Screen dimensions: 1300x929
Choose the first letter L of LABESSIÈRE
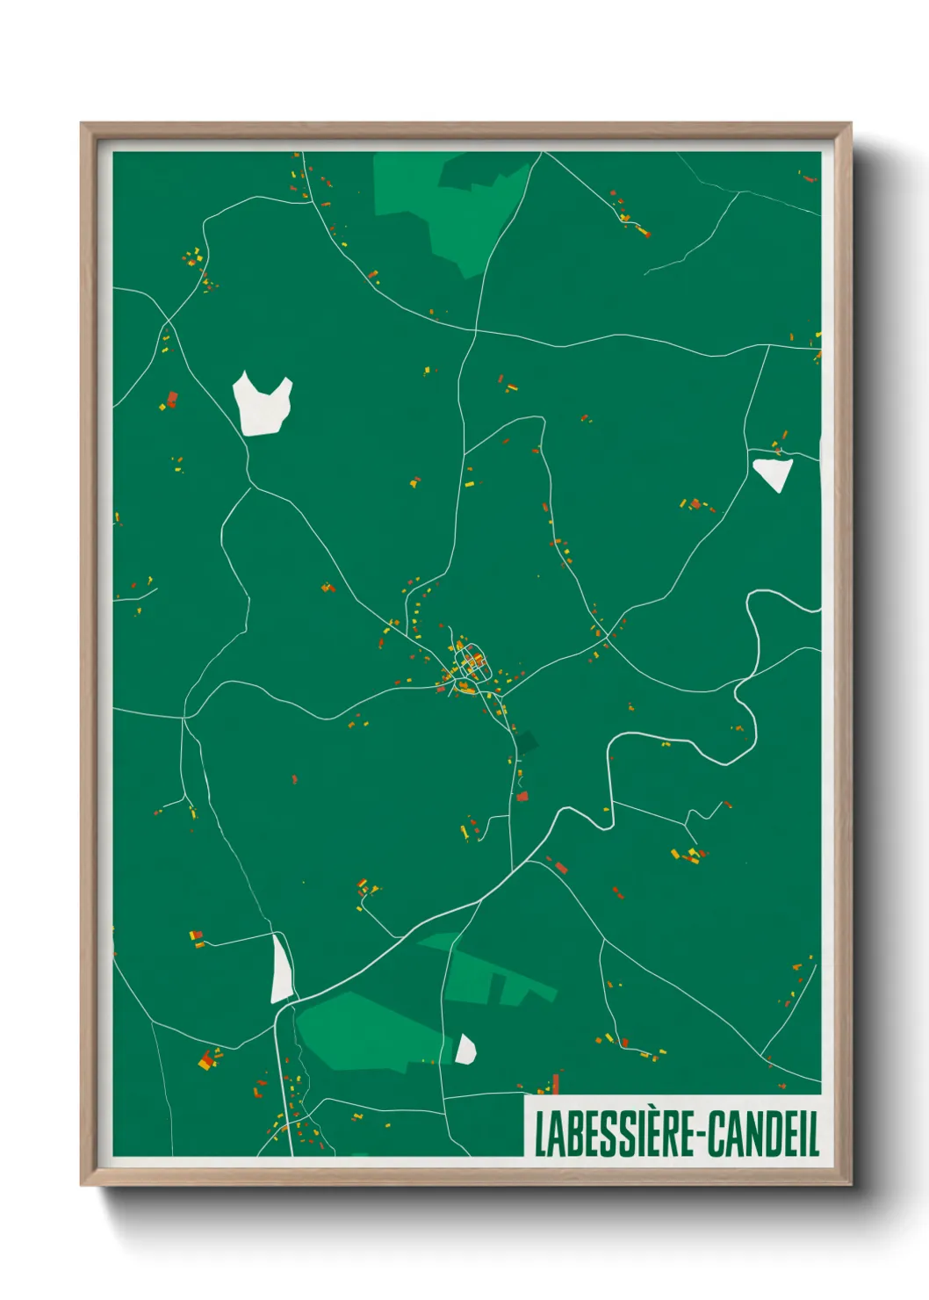539,1134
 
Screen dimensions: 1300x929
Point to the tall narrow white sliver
280,970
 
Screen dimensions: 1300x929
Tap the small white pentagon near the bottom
464,1050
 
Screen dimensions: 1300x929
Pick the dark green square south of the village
525,744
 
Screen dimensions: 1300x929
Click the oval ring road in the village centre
472,663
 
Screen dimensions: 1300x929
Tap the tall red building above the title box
556,1082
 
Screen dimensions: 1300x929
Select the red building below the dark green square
522,797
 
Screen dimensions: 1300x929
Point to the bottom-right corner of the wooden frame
850,1184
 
